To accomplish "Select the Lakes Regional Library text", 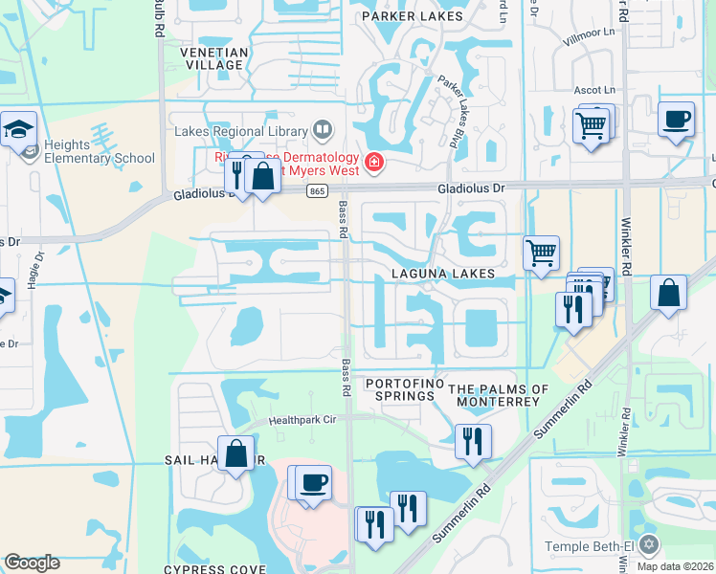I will (x=240, y=131).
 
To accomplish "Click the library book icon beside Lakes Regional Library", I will (x=323, y=130).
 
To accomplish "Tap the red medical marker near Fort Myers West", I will (x=371, y=163).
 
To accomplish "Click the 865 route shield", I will (x=317, y=191).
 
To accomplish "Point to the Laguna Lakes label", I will (x=442, y=275).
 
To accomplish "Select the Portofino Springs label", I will (x=401, y=389).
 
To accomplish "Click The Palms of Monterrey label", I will (x=499, y=395).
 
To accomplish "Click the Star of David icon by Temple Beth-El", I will (x=650, y=544).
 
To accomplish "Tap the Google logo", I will (x=32, y=563).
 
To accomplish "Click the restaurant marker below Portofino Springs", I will (x=473, y=442).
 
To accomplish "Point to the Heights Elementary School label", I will (x=100, y=151).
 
